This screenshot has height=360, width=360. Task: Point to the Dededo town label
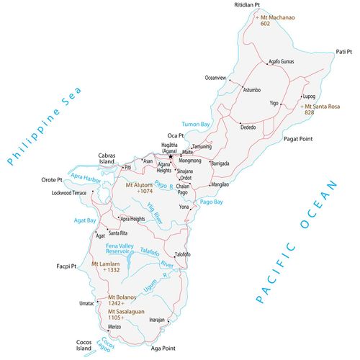click(248, 127)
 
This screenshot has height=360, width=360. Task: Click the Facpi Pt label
click(66, 266)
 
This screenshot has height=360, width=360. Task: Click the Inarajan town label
click(157, 318)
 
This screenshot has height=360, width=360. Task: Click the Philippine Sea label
click(42, 127)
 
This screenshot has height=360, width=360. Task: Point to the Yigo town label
click(274, 104)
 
